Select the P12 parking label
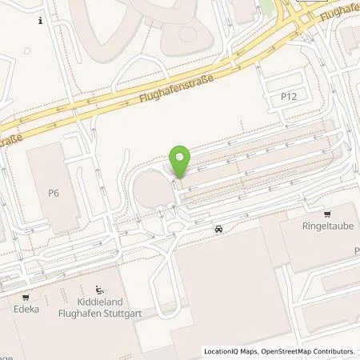[x=289, y=95]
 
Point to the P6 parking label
[x=54, y=192]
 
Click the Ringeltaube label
[x=327, y=226]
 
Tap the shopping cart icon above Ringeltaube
[x=327, y=214]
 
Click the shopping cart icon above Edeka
[x=27, y=294]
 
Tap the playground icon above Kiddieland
[x=99, y=290]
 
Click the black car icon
[x=218, y=230]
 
